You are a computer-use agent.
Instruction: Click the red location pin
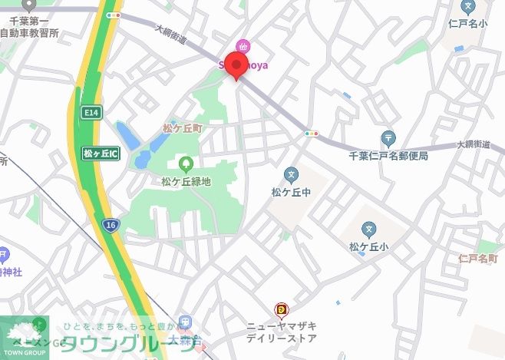point(236,66)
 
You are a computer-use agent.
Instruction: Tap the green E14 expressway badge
point(91,113)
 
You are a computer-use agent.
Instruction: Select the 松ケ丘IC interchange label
point(101,154)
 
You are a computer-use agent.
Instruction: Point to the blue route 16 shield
point(111,225)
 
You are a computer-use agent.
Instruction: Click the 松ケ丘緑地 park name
point(186,181)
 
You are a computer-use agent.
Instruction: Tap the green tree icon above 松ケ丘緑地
point(185,163)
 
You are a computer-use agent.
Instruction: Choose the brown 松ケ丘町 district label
point(182,130)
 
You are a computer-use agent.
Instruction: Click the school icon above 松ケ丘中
point(291,175)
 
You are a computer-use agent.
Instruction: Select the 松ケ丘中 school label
point(291,191)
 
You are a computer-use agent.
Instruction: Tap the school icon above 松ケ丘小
point(369,230)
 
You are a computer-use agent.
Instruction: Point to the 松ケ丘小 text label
point(369,246)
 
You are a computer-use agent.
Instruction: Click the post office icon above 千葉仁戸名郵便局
point(388,139)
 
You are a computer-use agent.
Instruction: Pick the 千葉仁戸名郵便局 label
point(388,156)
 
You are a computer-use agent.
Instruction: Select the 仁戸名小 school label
point(467,23)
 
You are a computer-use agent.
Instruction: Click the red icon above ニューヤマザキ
point(282,309)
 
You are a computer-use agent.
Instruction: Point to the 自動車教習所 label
point(29,33)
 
